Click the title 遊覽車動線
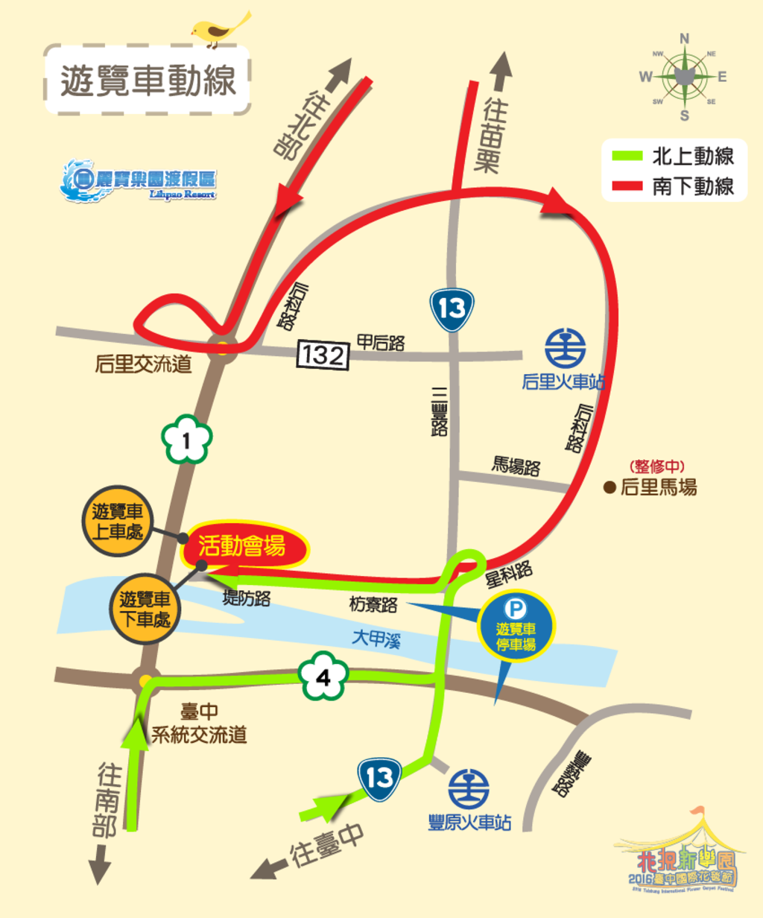click(148, 80)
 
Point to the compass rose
click(684, 76)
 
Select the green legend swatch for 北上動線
click(627, 156)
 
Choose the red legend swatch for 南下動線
click(627, 186)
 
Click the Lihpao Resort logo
click(139, 180)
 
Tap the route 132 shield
click(323, 355)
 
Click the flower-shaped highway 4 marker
click(323, 677)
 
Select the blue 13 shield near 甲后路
click(452, 308)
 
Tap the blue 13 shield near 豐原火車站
click(379, 779)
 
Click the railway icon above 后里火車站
click(565, 347)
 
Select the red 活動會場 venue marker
click(244, 546)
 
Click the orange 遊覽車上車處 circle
click(117, 522)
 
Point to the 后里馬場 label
click(658, 488)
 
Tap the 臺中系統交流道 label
click(199, 724)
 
